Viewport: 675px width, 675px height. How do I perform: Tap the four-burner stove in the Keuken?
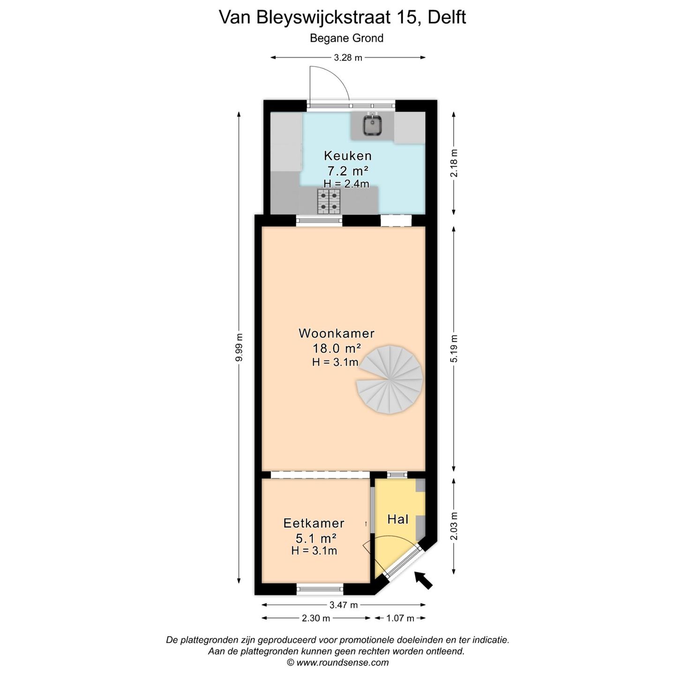pos(329,201)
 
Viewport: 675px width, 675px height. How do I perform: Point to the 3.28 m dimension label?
pos(348,58)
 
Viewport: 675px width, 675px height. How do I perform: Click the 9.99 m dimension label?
pos(239,347)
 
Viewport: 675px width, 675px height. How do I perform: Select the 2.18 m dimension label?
pos(453,163)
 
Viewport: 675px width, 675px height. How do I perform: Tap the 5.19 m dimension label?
pos(453,348)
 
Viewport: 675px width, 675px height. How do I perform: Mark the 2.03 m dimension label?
pos(453,526)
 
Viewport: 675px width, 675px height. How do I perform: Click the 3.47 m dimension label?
pos(344,605)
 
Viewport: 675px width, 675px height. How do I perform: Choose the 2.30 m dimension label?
pos(316,618)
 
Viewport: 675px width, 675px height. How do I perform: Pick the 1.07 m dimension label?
pos(400,618)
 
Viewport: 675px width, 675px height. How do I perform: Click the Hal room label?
pos(397,519)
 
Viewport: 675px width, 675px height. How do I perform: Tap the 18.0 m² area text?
pos(337,348)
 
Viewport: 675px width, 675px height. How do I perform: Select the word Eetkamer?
pos(314,523)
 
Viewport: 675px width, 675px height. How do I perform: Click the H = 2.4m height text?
pos(346,184)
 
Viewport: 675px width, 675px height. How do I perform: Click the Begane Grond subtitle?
pos(346,38)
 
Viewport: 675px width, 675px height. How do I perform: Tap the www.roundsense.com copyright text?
pos(337,662)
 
